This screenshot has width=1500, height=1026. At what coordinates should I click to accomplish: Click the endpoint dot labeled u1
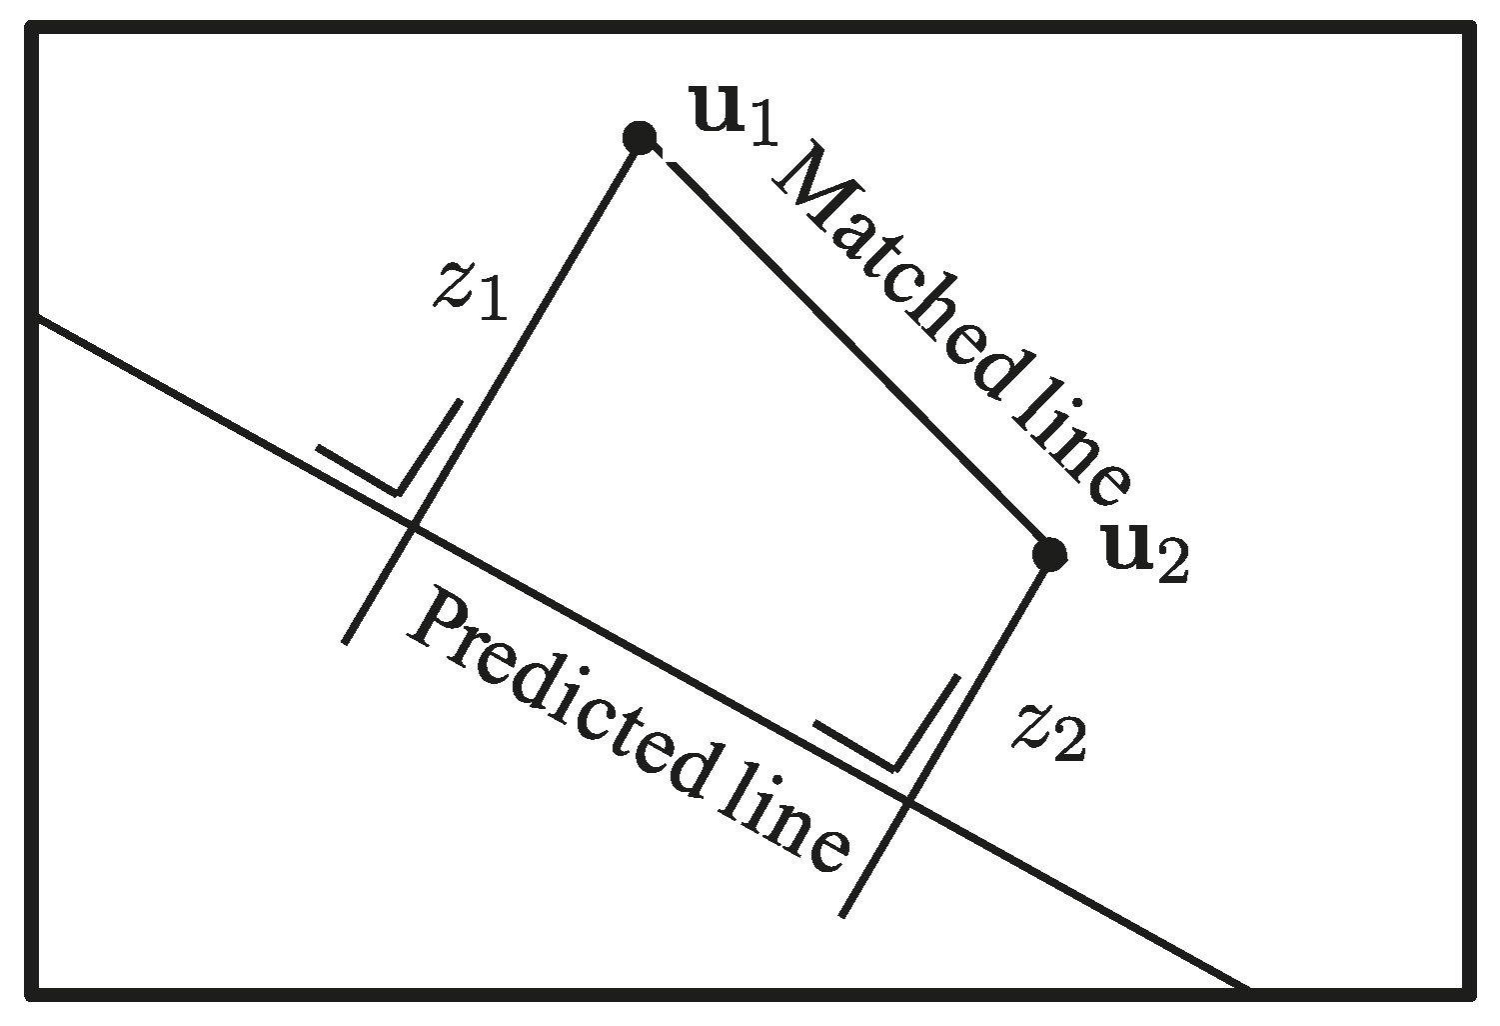(640, 136)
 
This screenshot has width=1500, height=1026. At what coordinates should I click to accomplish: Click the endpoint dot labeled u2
(1049, 553)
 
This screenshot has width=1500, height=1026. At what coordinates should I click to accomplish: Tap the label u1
(735, 116)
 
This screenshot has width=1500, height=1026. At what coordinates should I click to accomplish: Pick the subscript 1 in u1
(764, 128)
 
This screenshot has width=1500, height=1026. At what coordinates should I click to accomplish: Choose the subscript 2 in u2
(1171, 565)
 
